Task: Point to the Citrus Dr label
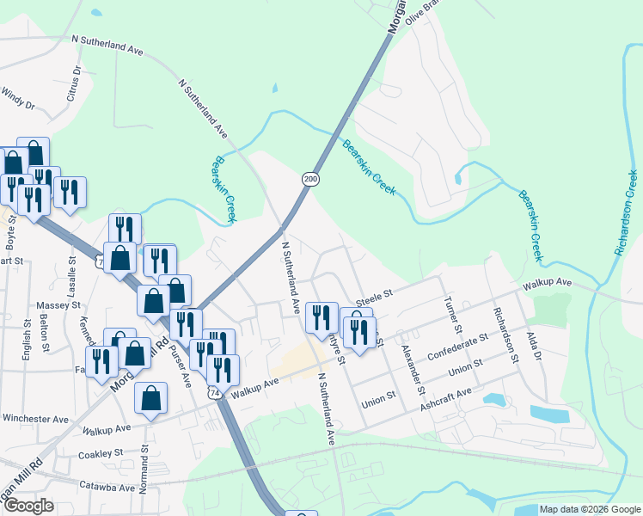tap(74, 83)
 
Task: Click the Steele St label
tap(374, 294)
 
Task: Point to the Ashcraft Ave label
tap(446, 395)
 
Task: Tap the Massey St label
tap(58, 305)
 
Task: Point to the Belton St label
tap(40, 328)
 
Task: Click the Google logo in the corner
tap(28, 505)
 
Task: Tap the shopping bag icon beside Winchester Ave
tap(150, 397)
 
